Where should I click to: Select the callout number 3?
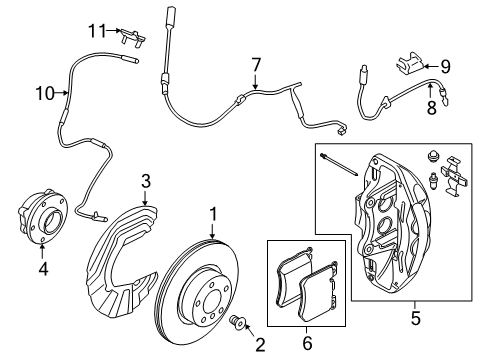click(x=146, y=180)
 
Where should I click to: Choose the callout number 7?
click(x=256, y=64)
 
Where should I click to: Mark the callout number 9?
click(x=446, y=67)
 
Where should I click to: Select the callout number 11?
click(x=95, y=32)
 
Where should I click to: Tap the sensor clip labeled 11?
click(x=127, y=37)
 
